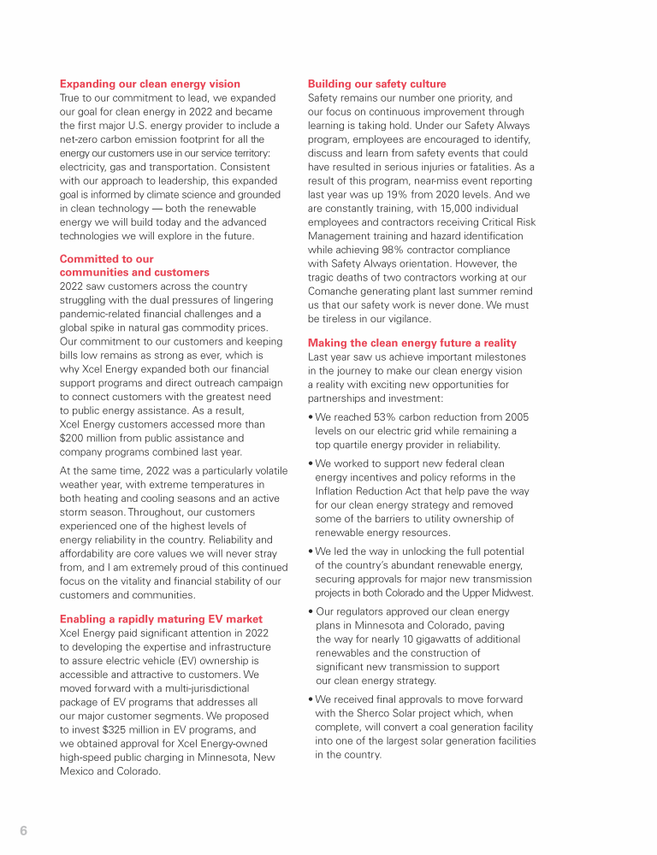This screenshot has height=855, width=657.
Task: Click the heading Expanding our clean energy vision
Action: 150,84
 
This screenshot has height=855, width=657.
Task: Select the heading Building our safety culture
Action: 376,84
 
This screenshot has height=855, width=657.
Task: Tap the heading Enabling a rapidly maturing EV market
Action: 161,619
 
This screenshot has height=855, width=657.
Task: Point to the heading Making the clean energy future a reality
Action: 411,343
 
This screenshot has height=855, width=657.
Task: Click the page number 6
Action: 24,831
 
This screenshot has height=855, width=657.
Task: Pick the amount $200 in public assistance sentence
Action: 74,438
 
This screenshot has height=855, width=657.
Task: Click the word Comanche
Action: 334,291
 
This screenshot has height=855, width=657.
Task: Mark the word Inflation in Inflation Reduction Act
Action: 337,491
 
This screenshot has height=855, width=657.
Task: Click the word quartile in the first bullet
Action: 353,445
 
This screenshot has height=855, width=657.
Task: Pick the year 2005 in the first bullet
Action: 516,417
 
